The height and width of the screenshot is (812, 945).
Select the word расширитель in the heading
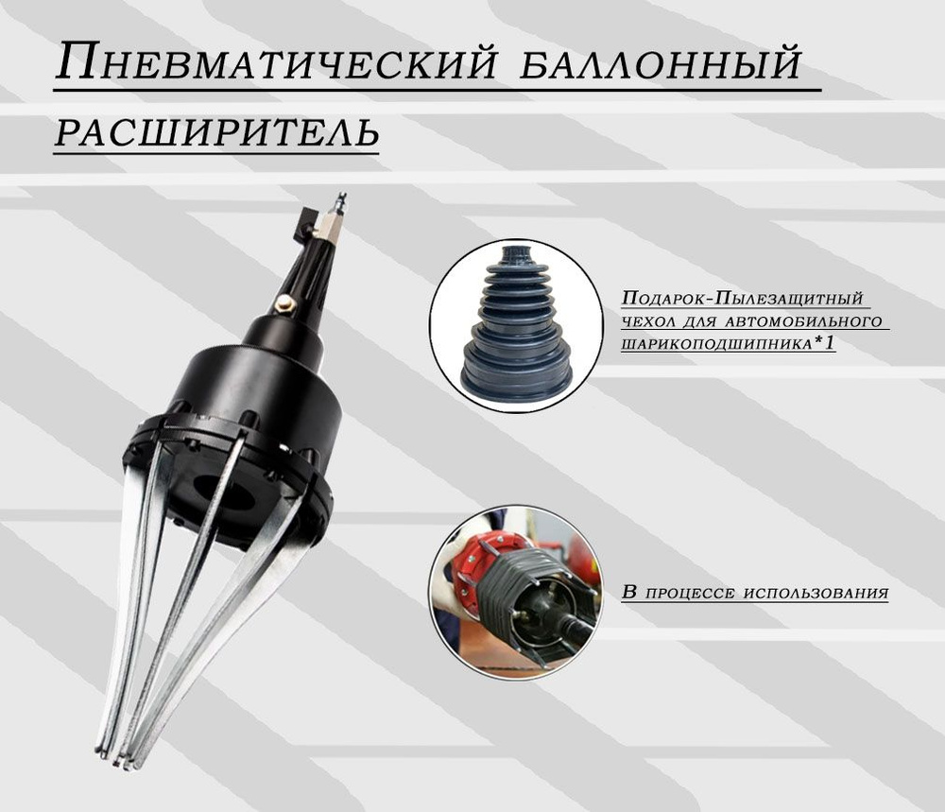pos(216,133)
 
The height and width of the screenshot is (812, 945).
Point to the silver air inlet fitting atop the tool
pos(333,215)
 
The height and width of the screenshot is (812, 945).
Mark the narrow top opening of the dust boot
pos(517,254)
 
